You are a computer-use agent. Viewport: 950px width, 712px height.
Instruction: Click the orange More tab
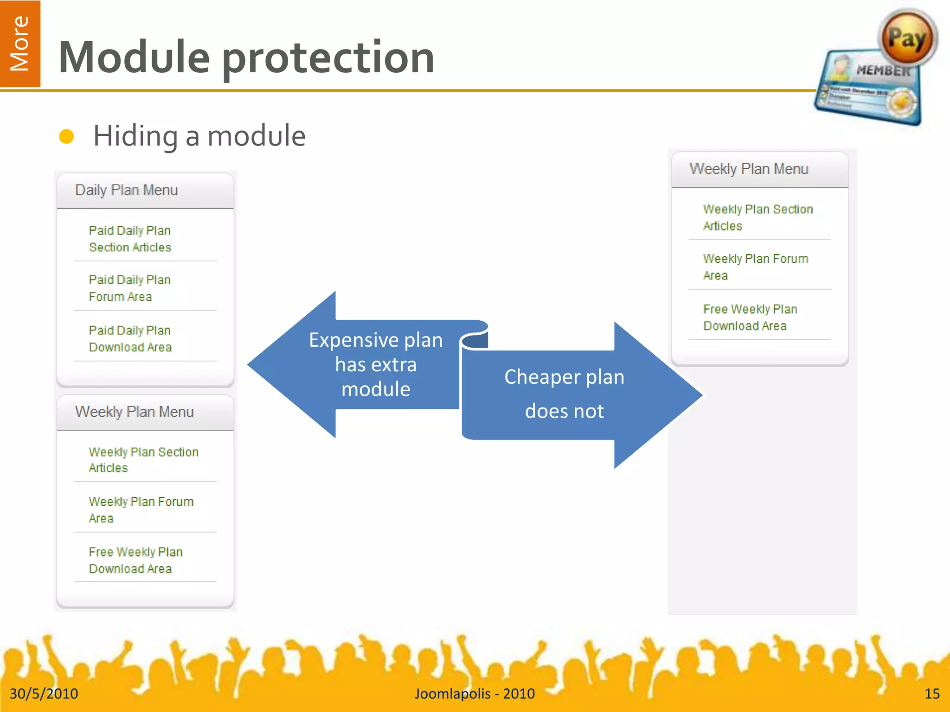coord(20,44)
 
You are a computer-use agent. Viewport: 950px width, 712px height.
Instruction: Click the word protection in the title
coord(328,57)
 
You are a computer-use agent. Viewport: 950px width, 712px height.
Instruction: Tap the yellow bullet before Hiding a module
coord(67,136)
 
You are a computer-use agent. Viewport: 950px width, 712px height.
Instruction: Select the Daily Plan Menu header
coord(126,191)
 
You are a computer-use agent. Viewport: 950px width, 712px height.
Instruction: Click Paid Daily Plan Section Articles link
coord(130,239)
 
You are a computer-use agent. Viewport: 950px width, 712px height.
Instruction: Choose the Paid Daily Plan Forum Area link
coord(129,288)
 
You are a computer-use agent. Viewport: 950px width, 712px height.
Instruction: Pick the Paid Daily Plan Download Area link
coord(130,339)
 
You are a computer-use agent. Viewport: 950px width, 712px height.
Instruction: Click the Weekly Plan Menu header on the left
coord(134,412)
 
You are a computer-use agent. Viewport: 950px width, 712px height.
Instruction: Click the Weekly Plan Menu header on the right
coord(748,169)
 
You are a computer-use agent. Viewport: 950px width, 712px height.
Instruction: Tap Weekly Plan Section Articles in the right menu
coord(757,217)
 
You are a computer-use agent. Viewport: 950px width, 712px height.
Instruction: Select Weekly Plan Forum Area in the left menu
coord(141,509)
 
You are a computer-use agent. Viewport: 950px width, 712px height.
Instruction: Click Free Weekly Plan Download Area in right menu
coord(750,318)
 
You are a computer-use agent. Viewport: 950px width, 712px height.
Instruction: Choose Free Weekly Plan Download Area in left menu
coord(135,560)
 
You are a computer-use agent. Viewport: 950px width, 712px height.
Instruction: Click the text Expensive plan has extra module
coord(376,365)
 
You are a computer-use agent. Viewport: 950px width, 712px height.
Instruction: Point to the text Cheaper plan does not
coord(564,394)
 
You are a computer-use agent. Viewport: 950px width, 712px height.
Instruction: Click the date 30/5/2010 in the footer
coord(44,693)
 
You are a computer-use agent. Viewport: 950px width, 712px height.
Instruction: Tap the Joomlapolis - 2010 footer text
coord(475,693)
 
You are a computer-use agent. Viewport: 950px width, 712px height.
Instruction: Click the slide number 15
coord(931,693)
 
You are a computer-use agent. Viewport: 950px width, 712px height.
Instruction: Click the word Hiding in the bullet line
coord(135,136)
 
